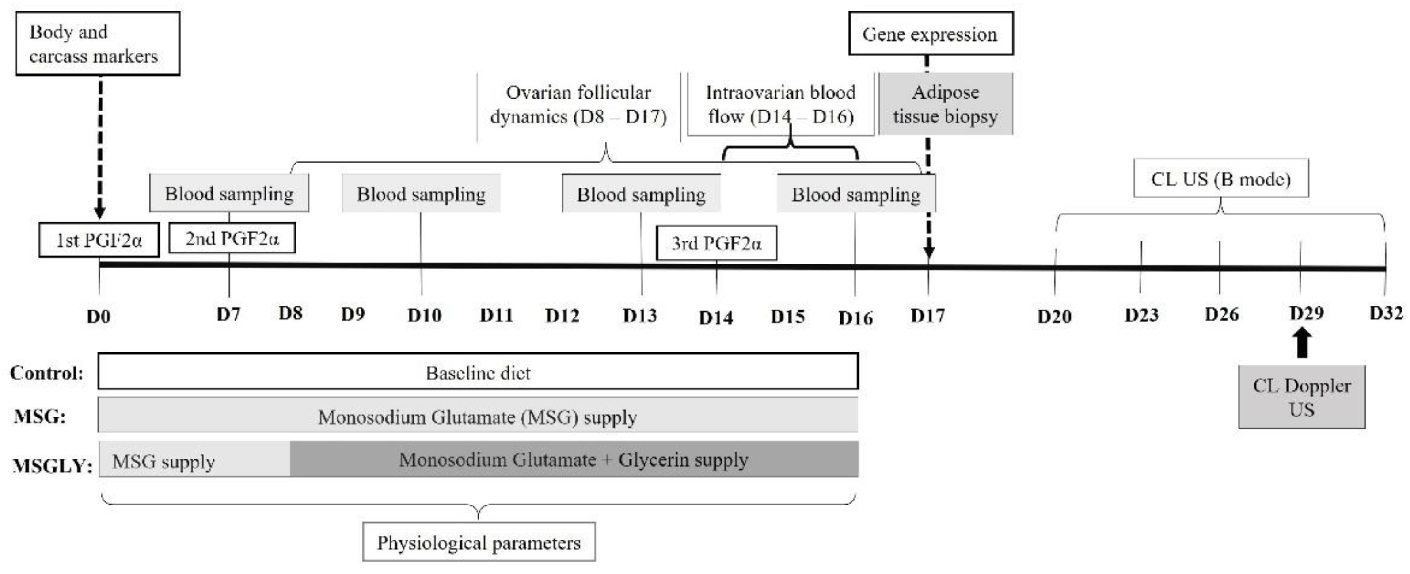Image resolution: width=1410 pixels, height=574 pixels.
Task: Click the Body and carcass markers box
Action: click(x=97, y=44)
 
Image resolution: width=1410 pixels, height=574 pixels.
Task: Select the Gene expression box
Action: click(x=930, y=34)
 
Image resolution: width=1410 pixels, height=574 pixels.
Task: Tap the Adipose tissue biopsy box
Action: click(x=945, y=104)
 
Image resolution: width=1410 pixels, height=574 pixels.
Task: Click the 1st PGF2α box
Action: click(x=99, y=240)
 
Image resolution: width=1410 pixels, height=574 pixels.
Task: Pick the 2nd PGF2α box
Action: click(x=232, y=238)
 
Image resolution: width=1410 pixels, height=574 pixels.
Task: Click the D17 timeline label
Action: click(x=928, y=316)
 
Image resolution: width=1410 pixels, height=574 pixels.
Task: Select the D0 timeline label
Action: click(x=99, y=317)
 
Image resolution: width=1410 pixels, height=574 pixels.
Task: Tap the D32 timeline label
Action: click(x=1386, y=313)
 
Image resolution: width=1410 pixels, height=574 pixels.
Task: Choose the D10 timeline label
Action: click(x=424, y=315)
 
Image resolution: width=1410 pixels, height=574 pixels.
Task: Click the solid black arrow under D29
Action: click(x=1303, y=344)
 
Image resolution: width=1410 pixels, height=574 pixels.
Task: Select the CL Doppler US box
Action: click(x=1302, y=398)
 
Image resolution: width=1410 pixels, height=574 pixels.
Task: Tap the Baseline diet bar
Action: click(x=478, y=372)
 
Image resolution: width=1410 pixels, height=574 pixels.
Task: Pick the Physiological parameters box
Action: click(x=479, y=543)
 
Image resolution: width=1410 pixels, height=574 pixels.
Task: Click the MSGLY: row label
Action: click(x=52, y=466)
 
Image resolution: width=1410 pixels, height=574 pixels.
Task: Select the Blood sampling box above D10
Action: click(x=421, y=194)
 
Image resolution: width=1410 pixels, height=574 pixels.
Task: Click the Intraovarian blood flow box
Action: click(x=780, y=104)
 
